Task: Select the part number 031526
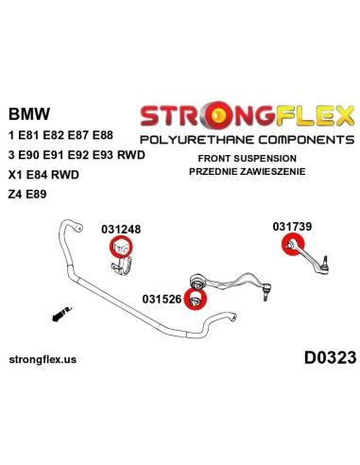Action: [x=162, y=300]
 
